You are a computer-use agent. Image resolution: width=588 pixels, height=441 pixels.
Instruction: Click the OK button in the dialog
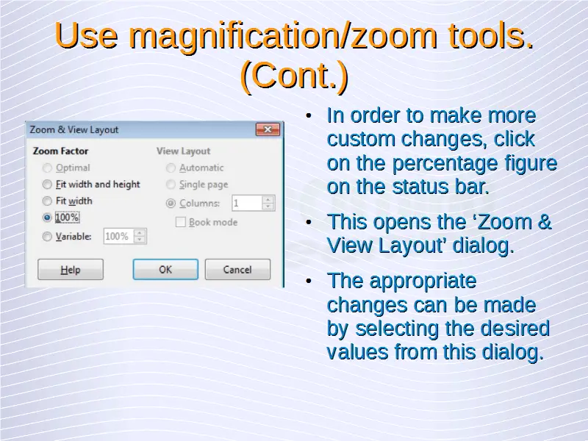[x=165, y=269]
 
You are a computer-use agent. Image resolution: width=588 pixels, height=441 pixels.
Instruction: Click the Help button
[x=71, y=269]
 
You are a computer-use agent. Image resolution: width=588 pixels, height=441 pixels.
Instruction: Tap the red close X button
[x=268, y=129]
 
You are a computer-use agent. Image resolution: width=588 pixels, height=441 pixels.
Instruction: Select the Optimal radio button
[x=47, y=168]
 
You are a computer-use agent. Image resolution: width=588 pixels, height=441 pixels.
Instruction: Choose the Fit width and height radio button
[x=47, y=184]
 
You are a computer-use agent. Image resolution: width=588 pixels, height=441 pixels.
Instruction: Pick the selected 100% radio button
[x=47, y=218]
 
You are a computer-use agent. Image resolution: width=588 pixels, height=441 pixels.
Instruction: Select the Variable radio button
[x=47, y=237]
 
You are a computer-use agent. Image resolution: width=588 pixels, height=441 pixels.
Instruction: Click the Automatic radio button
[x=171, y=168]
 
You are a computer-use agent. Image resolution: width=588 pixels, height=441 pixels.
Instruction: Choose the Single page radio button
[x=171, y=184]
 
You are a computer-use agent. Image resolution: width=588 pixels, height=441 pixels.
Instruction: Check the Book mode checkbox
[x=180, y=222]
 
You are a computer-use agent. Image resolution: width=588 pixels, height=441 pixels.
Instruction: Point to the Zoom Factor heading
[x=61, y=151]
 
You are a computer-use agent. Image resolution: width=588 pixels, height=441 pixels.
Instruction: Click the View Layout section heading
[x=183, y=151]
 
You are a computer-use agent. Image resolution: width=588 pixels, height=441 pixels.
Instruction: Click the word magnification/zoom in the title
[x=283, y=36]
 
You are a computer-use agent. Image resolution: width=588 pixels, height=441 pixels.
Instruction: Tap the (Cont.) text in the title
[x=295, y=76]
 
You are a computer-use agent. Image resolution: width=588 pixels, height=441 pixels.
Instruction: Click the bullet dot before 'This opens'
[x=309, y=223]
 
